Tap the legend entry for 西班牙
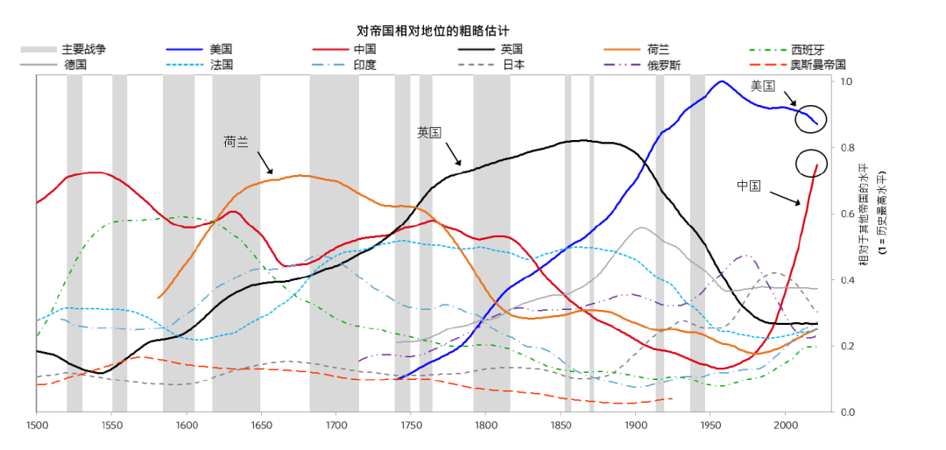click(807, 49)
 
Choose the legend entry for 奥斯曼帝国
click(817, 65)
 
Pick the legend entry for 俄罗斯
click(663, 65)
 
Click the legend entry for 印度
click(364, 65)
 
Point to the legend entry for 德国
click(75, 65)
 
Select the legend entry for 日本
click(512, 65)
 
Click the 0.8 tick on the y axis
click(848, 148)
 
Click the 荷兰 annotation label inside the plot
click(236, 141)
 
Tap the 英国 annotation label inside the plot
click(429, 132)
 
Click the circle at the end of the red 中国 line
click(811, 164)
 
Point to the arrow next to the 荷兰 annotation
click(265, 163)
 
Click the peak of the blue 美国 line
click(722, 81)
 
